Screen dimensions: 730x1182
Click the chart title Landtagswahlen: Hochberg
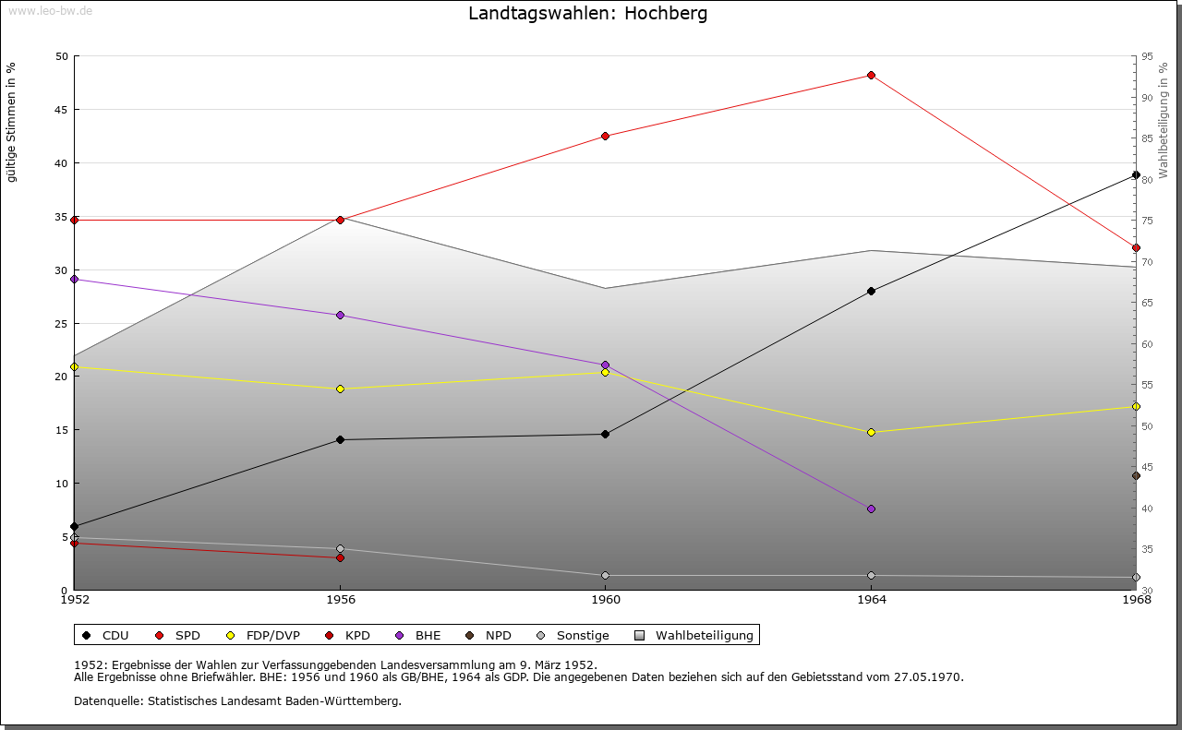pyautogui.click(x=588, y=14)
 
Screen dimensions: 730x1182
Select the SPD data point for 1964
pyautogui.click(x=871, y=75)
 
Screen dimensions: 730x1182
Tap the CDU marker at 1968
pyautogui.click(x=1136, y=174)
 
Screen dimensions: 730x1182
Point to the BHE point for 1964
pyautogui.click(x=871, y=509)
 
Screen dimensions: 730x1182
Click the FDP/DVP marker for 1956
pyautogui.click(x=340, y=389)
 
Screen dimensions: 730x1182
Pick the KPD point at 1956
pyautogui.click(x=340, y=557)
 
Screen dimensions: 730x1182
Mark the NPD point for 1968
pyautogui.click(x=1136, y=475)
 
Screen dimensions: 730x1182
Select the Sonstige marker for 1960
pyautogui.click(x=606, y=575)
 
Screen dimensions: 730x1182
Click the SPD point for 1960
pyautogui.click(x=606, y=136)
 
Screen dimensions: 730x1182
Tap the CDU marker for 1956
pyautogui.click(x=340, y=439)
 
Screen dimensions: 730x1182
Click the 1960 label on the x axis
pyautogui.click(x=606, y=600)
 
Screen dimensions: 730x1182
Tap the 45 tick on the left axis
pyautogui.click(x=63, y=110)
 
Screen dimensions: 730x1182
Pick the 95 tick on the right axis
pyautogui.click(x=1147, y=56)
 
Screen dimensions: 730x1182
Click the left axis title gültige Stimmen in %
pyautogui.click(x=12, y=123)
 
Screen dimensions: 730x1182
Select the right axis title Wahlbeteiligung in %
pyautogui.click(x=1164, y=121)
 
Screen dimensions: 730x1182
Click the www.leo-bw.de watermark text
pyautogui.click(x=50, y=10)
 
